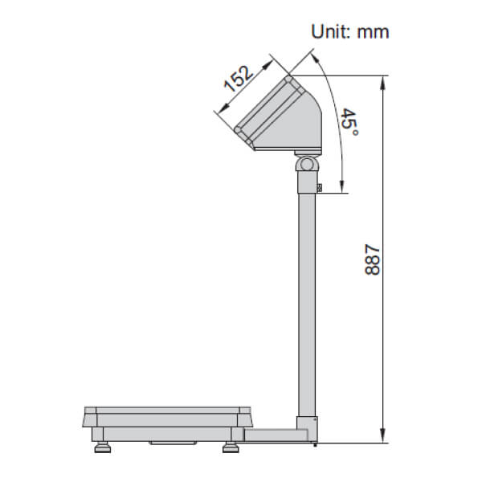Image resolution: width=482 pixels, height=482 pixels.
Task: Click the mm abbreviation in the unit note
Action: [374, 31]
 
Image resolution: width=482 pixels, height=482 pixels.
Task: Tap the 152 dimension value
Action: [239, 78]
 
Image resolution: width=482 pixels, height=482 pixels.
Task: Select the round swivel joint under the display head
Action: [306, 164]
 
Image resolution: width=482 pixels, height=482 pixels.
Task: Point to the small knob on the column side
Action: [320, 188]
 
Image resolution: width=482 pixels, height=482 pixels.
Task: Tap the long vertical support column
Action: [306, 305]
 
